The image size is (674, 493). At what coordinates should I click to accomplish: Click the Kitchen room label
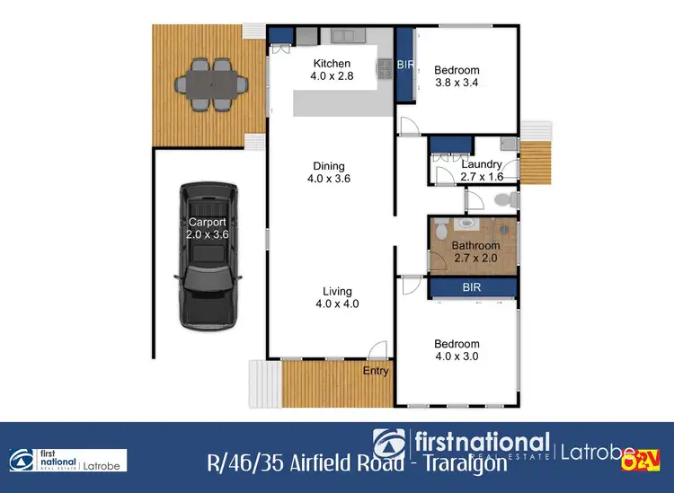pos(331,64)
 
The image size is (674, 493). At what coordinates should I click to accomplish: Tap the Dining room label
pos(329,165)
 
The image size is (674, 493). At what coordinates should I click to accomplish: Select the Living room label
pos(338,291)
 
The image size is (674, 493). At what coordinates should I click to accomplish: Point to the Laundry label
pos(481,164)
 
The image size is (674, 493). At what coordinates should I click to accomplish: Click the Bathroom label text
pos(475,245)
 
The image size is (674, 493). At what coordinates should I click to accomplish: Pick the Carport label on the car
pos(208,222)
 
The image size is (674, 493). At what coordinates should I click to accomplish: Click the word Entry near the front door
pos(376,371)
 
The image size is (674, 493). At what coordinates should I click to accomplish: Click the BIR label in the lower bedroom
pos(473,288)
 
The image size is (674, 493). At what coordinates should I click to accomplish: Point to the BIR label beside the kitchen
pos(405,65)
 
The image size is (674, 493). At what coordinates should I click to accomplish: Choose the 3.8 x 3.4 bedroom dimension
pos(457,83)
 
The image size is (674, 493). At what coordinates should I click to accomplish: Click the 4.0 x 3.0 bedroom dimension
pos(457,356)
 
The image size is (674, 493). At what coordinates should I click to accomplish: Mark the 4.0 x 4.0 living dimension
pos(338,304)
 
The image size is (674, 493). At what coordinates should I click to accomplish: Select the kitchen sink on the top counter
pos(345,36)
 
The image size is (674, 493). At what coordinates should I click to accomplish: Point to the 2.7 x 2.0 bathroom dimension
pos(475,258)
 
